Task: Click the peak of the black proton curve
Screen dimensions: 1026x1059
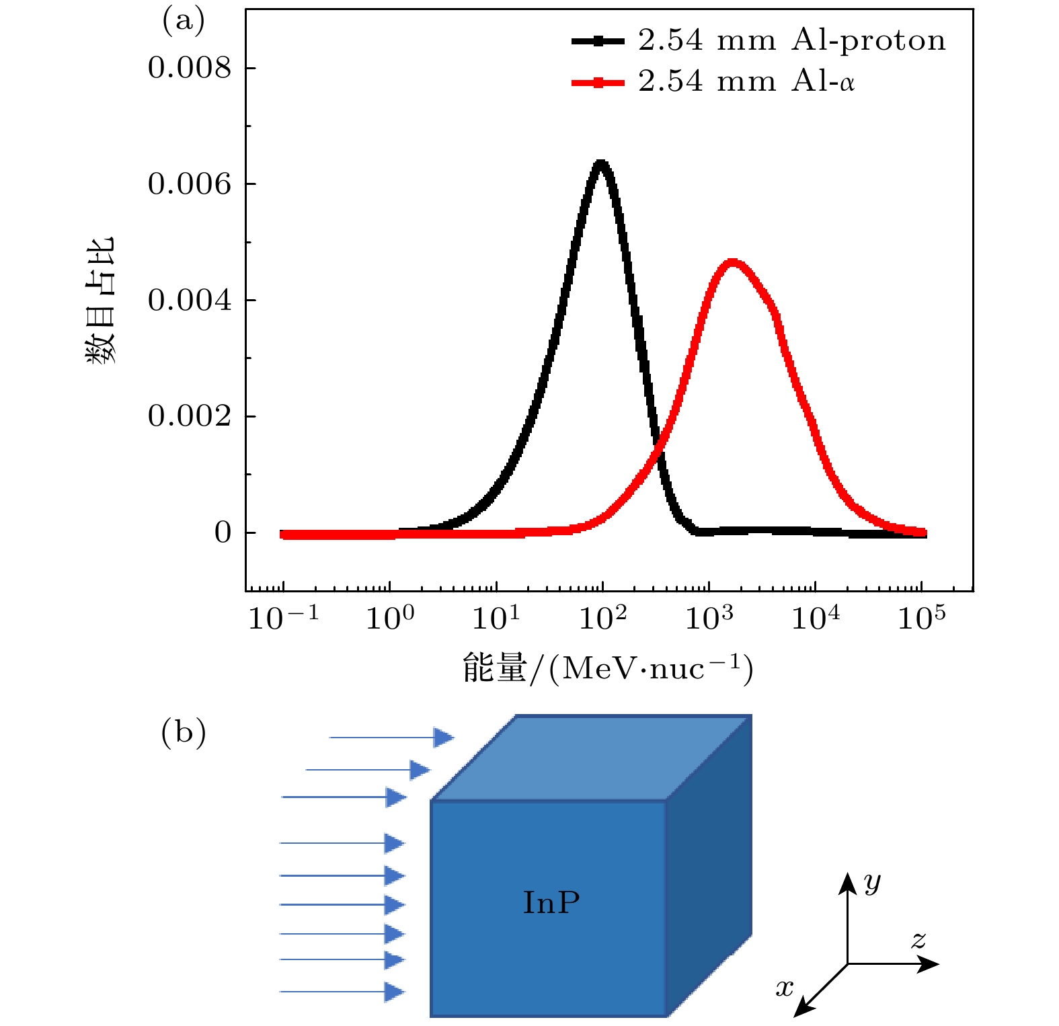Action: (x=600, y=163)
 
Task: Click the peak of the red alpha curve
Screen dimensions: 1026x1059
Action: (x=732, y=262)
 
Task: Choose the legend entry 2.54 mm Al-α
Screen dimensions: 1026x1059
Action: (x=746, y=82)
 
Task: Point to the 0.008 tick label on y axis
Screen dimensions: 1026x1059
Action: (x=189, y=68)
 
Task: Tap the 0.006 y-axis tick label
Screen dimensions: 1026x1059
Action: (x=189, y=184)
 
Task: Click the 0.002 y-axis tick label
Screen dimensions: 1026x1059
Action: (x=189, y=416)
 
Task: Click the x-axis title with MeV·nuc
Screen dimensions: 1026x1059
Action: (x=607, y=668)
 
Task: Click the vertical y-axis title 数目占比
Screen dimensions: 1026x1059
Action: (x=100, y=300)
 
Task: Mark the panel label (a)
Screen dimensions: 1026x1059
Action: (x=183, y=22)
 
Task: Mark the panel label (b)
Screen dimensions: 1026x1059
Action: (x=183, y=733)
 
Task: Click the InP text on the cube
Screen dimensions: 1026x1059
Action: (x=551, y=902)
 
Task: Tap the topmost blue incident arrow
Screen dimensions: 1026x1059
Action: (x=391, y=738)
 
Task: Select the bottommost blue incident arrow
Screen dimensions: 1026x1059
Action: (x=342, y=992)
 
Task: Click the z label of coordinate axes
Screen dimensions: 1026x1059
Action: (x=918, y=939)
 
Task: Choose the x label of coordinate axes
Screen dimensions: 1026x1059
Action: (x=785, y=988)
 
